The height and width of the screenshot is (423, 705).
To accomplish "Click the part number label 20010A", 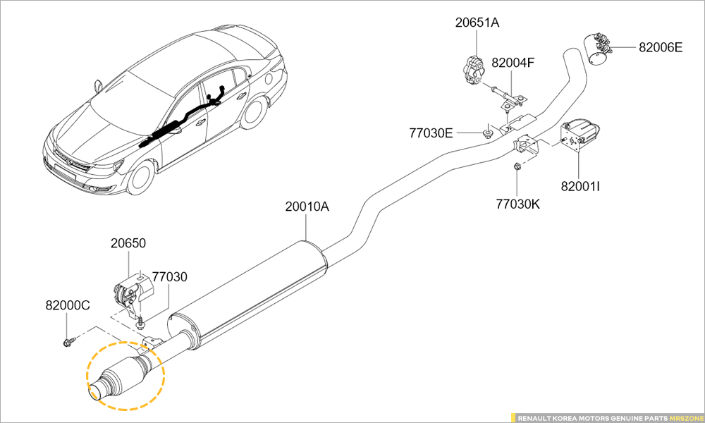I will point(307,207).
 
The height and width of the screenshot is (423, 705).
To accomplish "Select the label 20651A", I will point(477,23).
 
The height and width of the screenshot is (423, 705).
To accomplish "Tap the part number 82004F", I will point(513,63).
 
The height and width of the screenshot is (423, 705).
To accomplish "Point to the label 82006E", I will point(661,48).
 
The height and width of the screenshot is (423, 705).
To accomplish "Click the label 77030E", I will point(431,132).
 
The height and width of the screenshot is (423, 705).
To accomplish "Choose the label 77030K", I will point(517,204).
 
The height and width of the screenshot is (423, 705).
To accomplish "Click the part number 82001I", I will point(580,187).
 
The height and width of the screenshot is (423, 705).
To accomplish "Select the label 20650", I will point(128,243).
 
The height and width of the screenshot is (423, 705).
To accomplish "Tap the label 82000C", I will point(68,306).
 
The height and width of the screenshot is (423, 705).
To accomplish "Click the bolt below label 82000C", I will point(69,342).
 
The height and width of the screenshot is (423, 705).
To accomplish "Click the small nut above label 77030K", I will point(516,166).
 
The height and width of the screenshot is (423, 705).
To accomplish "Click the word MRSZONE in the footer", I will point(685,417).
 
